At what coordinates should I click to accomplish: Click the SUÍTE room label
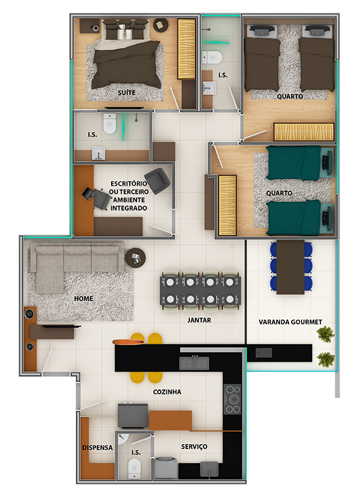tap(127, 93)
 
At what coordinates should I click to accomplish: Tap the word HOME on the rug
tap(83, 299)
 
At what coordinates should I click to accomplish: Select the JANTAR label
tap(199, 320)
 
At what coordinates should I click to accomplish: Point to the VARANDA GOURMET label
tap(290, 322)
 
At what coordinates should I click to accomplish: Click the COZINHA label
tap(167, 392)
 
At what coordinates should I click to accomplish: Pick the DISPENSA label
tap(97, 448)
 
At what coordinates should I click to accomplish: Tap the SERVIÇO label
tap(194, 447)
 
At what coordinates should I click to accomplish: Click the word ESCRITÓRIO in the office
tap(128, 184)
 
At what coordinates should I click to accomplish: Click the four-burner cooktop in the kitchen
tap(232, 399)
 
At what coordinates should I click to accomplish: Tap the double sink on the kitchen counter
tap(194, 363)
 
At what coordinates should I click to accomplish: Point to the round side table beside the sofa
tap(135, 258)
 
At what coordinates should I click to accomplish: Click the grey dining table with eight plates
tap(200, 291)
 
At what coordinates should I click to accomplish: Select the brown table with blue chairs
tap(290, 267)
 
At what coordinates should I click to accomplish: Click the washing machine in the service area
tap(166, 467)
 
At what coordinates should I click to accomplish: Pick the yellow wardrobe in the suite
tap(186, 49)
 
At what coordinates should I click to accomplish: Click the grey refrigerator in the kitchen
tap(133, 416)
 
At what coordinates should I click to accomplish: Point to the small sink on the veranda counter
tap(264, 353)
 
